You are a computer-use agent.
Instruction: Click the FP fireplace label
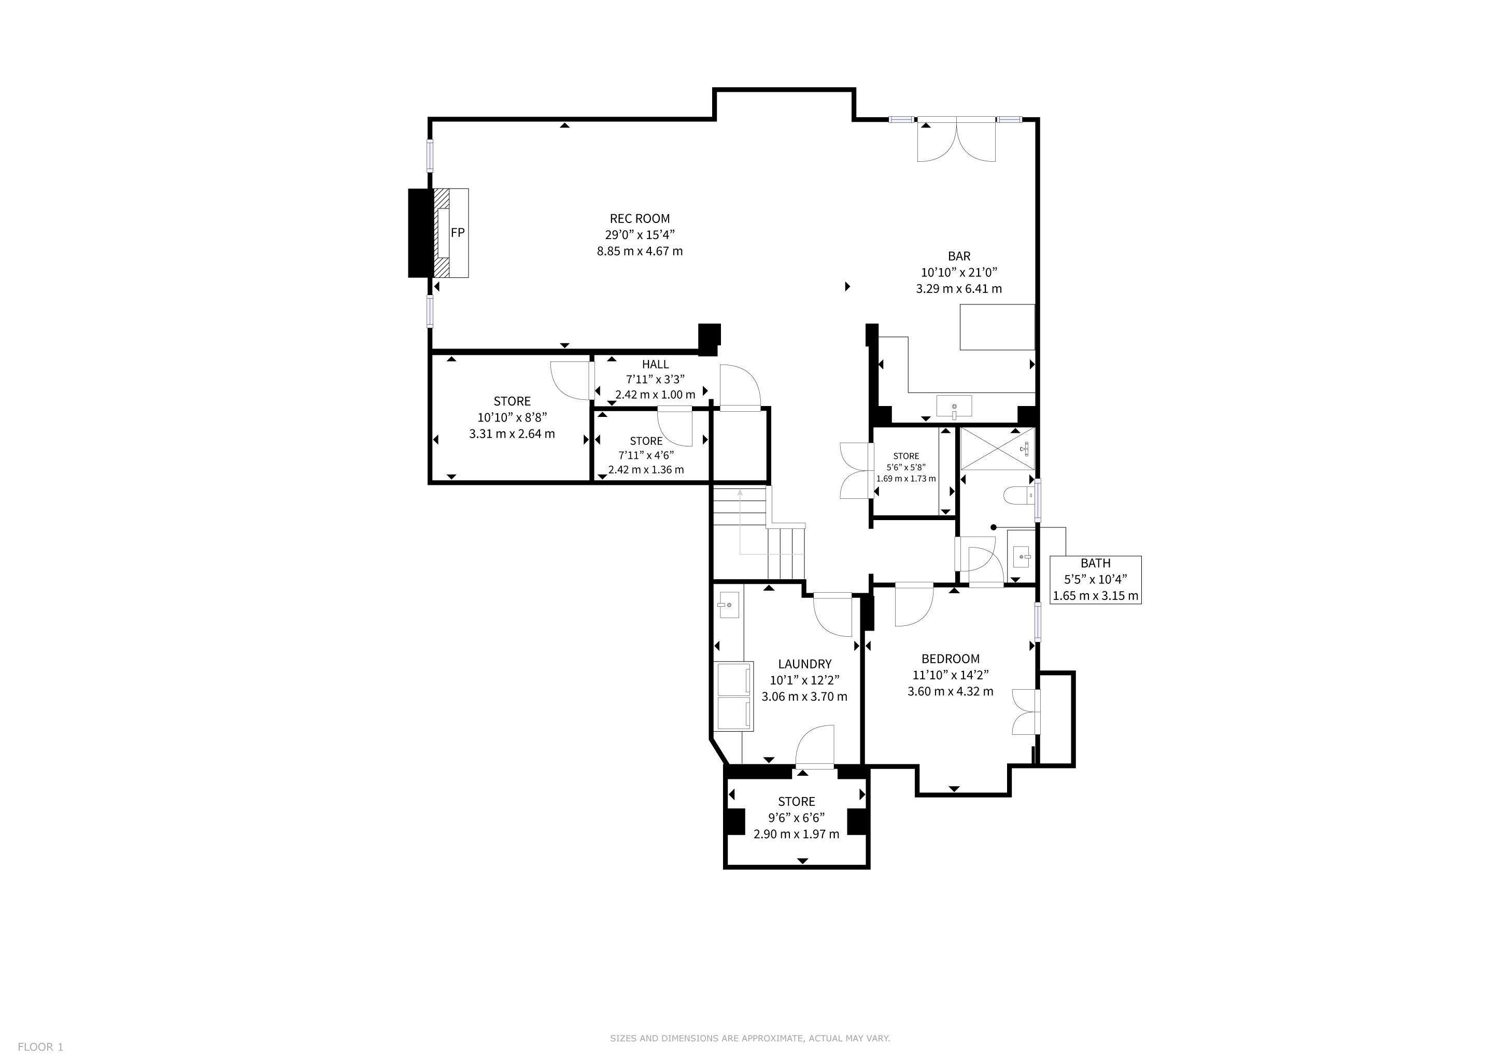pyautogui.click(x=458, y=232)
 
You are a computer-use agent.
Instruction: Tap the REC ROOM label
pyautogui.click(x=640, y=218)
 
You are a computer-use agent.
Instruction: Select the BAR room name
pyautogui.click(x=959, y=256)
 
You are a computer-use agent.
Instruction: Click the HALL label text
pyautogui.click(x=655, y=364)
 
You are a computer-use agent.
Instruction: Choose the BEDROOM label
pyautogui.click(x=951, y=659)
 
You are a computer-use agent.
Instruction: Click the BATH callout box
pyautogui.click(x=1096, y=579)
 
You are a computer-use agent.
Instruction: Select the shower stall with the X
pyautogui.click(x=998, y=449)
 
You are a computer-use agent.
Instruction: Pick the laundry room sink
pyautogui.click(x=728, y=606)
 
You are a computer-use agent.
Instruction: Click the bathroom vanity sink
pyautogui.click(x=1021, y=556)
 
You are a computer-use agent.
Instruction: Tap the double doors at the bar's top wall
pyautogui.click(x=956, y=140)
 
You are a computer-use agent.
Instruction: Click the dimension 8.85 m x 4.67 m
pyautogui.click(x=640, y=251)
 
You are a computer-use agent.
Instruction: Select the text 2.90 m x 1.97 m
pyautogui.click(x=796, y=834)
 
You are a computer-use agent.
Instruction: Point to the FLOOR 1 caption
pyautogui.click(x=40, y=1047)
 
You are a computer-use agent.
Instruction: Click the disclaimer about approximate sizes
pyautogui.click(x=750, y=1038)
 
